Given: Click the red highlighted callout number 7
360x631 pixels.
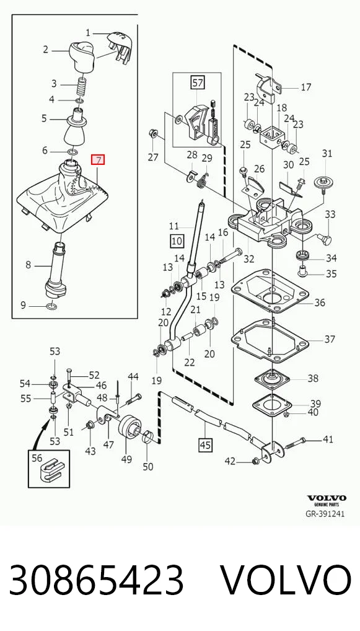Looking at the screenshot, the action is (98, 160).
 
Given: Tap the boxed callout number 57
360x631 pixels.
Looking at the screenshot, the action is (198, 83).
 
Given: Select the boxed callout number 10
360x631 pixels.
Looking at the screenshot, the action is (177, 241).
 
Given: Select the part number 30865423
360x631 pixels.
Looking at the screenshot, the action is (96, 580).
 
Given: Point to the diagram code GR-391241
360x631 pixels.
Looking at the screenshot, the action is (325, 514).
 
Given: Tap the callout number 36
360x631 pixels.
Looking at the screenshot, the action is (320, 302).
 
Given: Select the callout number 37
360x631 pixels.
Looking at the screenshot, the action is (330, 339).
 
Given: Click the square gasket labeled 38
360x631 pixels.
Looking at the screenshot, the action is (273, 378).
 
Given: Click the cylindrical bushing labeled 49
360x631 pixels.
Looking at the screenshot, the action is (130, 428).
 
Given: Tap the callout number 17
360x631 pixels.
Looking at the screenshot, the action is (306, 87).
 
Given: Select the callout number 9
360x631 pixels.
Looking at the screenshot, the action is (23, 305).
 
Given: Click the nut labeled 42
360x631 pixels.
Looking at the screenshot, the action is (255, 461).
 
